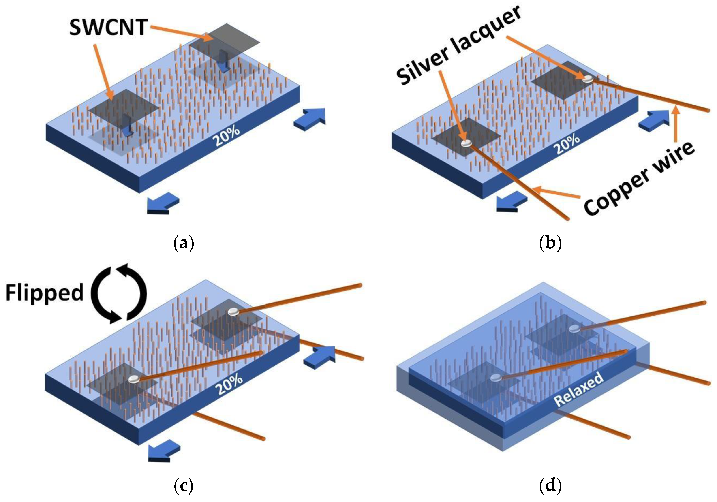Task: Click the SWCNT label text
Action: (x=108, y=28)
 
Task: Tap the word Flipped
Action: (x=44, y=293)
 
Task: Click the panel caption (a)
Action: (x=184, y=244)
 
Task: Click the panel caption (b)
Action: (x=550, y=244)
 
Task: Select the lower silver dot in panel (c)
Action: (x=134, y=379)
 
